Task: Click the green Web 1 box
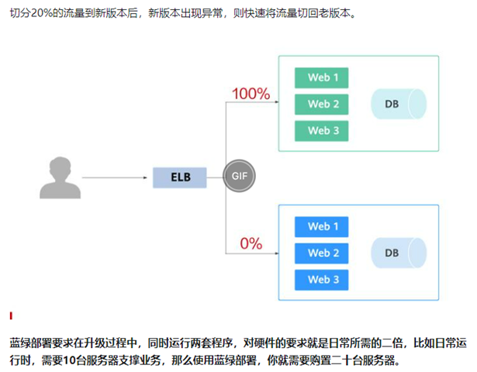321,77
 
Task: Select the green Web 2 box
321,105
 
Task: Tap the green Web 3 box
321,131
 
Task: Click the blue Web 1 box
321,227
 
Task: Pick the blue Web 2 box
321,253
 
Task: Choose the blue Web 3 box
321,280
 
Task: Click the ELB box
179,177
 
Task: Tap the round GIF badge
239,176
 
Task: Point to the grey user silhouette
60,177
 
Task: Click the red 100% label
251,94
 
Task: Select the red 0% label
251,244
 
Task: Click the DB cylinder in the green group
399,104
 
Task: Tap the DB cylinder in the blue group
399,253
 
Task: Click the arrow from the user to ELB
115,177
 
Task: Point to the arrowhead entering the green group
277,102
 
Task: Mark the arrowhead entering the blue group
277,253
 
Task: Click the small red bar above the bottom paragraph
11,315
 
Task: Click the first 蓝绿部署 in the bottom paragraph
31,343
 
